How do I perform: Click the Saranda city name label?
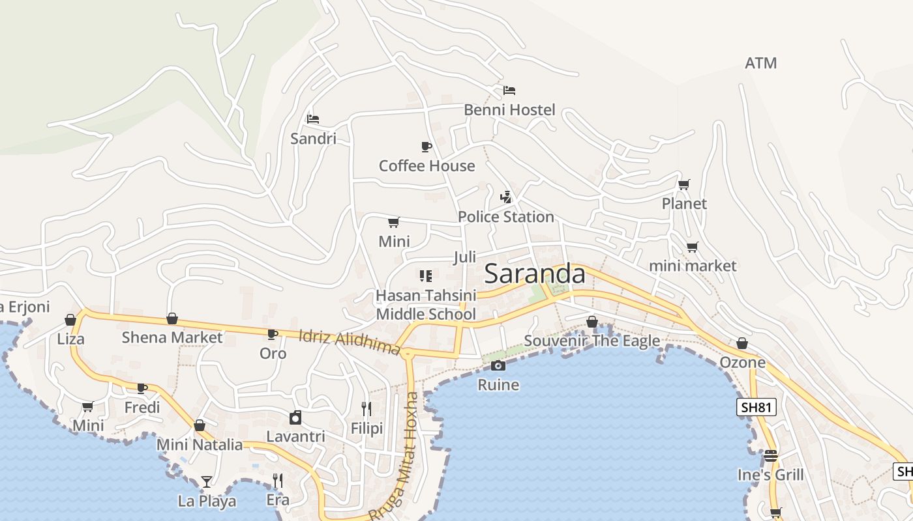535,274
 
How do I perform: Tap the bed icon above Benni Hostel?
509,91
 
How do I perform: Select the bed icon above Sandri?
313,119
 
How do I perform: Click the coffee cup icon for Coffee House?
427,147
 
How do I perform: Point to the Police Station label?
505,217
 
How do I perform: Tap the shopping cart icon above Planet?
683,185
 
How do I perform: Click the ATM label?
760,63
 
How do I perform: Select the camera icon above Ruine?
498,365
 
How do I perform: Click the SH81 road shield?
756,408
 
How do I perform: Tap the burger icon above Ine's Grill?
771,456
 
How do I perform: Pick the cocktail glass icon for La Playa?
207,482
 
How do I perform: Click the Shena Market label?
172,337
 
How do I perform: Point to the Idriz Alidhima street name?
350,342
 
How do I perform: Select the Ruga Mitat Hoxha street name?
395,456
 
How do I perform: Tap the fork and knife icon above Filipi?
367,409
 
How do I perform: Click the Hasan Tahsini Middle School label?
425,305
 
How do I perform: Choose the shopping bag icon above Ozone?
742,343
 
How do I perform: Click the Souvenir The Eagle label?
591,341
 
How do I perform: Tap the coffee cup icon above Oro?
273,334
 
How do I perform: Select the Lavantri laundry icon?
295,417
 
